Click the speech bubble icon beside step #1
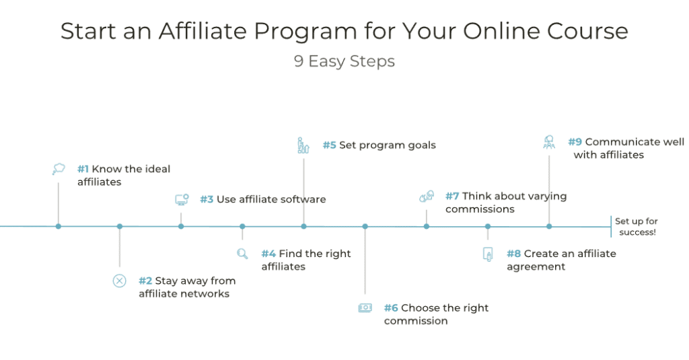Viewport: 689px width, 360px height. (x=59, y=169)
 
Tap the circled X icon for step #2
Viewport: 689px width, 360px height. (x=119, y=281)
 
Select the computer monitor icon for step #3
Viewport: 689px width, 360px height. (x=182, y=200)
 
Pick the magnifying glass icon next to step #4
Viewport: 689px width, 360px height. (x=242, y=254)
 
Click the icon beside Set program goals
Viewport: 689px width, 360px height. (x=303, y=145)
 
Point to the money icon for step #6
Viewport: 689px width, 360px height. (x=365, y=308)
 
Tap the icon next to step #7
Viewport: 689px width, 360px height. (x=427, y=196)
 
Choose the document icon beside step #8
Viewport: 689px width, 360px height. (x=488, y=254)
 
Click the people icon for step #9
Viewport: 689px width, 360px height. (x=549, y=142)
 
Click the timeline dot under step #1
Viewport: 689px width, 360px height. (x=59, y=226)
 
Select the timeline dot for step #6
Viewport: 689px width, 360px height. (x=365, y=226)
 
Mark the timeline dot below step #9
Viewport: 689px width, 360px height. (x=549, y=226)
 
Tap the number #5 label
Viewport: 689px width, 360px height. (x=329, y=145)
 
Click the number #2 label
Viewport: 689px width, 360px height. (x=145, y=281)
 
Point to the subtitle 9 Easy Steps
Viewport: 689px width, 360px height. (x=344, y=61)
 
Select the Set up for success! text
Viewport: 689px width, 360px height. (x=636, y=227)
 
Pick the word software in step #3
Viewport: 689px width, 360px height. (x=301, y=199)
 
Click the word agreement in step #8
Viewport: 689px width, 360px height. (x=536, y=266)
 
